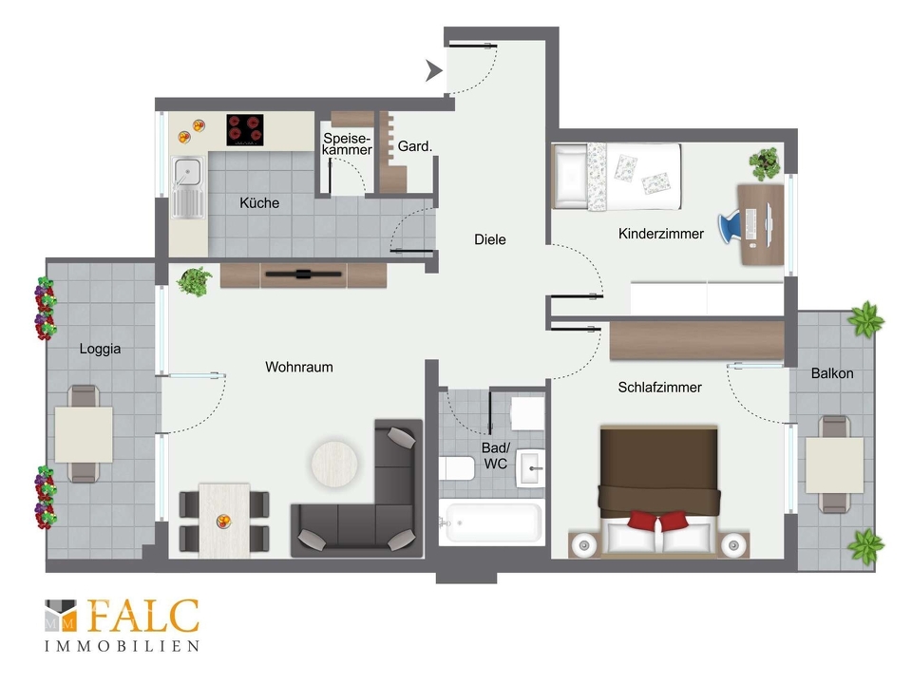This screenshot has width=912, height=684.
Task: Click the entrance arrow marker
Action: [433, 70]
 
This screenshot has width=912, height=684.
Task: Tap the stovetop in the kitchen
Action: [245, 130]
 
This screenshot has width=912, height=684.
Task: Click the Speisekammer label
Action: [348, 143]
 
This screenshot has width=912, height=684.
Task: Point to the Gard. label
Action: [415, 146]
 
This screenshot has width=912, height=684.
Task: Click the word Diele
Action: [490, 239]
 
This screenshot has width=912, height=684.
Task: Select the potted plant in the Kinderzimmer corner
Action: [765, 163]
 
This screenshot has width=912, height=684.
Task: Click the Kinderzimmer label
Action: [661, 234]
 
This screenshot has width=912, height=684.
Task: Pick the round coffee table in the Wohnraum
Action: [334, 464]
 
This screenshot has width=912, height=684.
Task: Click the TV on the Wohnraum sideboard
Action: [302, 274]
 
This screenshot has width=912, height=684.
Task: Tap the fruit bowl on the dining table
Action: [224, 521]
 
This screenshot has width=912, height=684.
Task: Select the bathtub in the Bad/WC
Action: [491, 522]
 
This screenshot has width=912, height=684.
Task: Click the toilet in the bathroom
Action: [457, 468]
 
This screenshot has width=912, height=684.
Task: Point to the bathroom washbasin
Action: [530, 468]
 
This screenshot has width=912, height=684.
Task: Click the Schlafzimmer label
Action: [659, 388]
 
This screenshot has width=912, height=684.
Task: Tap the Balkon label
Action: [832, 373]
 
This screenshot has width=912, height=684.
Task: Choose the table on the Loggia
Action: [84, 434]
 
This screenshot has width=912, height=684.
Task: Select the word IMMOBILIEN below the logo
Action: [123, 646]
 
